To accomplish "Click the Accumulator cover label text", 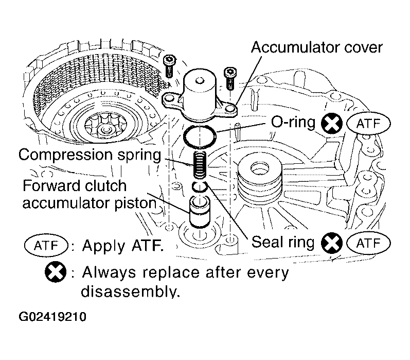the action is pyautogui.click(x=316, y=47).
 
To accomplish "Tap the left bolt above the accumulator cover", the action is pyautogui.click(x=169, y=66).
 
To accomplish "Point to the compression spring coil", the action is pyautogui.click(x=200, y=165).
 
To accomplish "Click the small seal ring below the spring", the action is pyautogui.click(x=200, y=186).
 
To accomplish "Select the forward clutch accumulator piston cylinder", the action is pyautogui.click(x=200, y=212).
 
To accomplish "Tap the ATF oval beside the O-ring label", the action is pyautogui.click(x=368, y=124).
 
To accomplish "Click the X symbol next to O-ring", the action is pyautogui.click(x=332, y=124).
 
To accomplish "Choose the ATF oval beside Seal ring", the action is pyautogui.click(x=368, y=243).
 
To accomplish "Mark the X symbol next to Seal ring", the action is pyautogui.click(x=332, y=243).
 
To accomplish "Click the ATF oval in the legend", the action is pyautogui.click(x=46, y=246).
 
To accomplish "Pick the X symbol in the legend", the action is pyautogui.click(x=56, y=272).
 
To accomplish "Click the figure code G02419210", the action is pyautogui.click(x=52, y=317).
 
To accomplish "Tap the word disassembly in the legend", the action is pyautogui.click(x=130, y=291).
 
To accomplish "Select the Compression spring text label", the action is pyautogui.click(x=90, y=155).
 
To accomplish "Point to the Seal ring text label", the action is pyautogui.click(x=283, y=242).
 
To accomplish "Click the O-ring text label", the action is pyautogui.click(x=293, y=122).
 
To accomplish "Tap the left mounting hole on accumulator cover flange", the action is pyautogui.click(x=169, y=99).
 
